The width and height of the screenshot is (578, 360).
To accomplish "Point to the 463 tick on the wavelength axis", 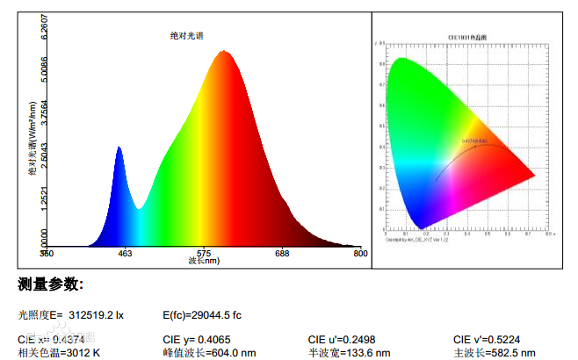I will tap(124, 254).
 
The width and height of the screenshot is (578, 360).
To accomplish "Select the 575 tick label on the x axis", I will tap(203, 254).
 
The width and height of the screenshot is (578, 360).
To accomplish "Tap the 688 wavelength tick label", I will tap(281, 254).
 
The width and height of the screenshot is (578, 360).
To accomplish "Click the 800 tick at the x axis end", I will tap(359, 254).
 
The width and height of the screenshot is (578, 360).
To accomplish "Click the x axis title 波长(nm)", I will tap(203, 262).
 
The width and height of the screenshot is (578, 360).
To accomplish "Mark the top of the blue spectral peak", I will tap(119, 148).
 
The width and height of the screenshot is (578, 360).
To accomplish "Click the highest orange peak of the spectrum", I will tap(225, 52).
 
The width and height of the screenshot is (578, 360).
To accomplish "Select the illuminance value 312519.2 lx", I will tap(96, 314).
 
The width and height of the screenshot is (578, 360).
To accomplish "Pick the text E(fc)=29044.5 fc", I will tap(202, 314).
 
